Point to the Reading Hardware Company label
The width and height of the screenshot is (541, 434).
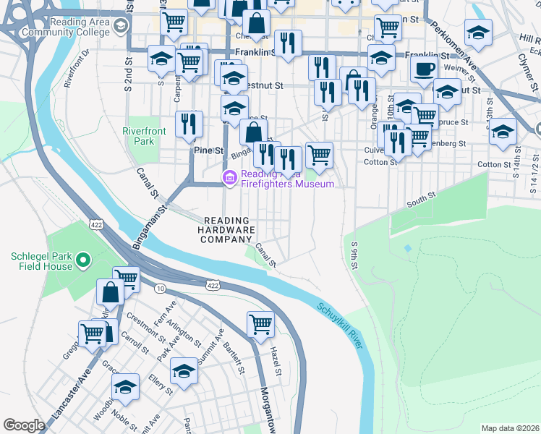coord(228,230)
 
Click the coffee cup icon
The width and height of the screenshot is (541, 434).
coord(424,69)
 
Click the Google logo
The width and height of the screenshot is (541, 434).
coord(24,425)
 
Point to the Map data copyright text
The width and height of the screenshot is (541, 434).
coord(510,428)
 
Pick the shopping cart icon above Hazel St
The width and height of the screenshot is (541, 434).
coord(260,325)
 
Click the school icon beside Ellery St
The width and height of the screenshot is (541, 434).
coord(184,372)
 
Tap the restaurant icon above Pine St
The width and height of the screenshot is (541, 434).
coord(189,124)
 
